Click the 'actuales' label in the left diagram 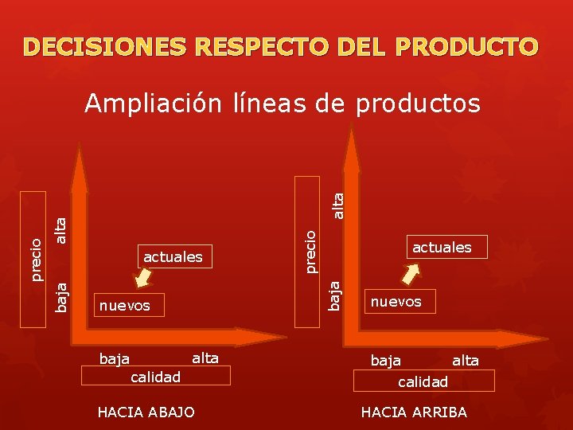click(173, 256)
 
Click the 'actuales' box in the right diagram click(442, 247)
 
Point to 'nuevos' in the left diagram click(123, 305)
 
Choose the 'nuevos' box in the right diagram click(396, 301)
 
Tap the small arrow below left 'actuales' click(143, 276)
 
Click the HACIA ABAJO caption click(145, 412)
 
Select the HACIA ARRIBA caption click(414, 412)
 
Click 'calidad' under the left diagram click(156, 376)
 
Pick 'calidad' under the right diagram click(423, 381)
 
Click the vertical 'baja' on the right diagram click(336, 293)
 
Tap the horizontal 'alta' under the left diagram click(205, 358)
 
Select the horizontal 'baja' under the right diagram click(386, 361)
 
